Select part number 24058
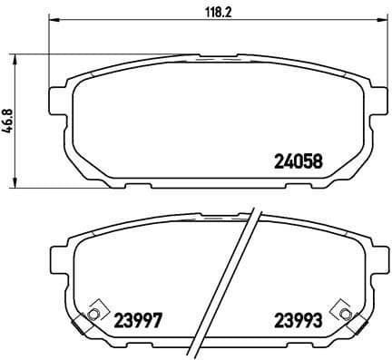pos(299,164)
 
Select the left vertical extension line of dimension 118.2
pos(47,45)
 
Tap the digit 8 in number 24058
pos(318,164)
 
